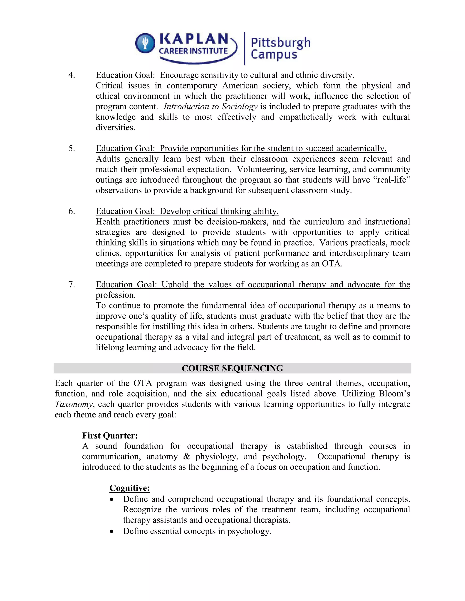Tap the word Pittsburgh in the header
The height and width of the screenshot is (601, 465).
click(280, 43)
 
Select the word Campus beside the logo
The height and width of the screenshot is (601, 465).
click(274, 54)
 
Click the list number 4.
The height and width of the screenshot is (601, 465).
click(72, 75)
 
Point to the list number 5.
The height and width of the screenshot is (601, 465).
click(72, 149)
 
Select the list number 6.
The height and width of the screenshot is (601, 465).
click(72, 211)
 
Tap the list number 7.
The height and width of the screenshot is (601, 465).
click(72, 285)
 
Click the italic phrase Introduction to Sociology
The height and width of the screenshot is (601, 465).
click(210, 107)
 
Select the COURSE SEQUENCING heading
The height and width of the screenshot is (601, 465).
click(232, 368)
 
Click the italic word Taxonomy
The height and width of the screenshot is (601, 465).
click(74, 404)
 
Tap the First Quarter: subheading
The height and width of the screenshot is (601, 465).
click(110, 436)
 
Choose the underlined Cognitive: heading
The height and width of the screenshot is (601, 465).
click(129, 488)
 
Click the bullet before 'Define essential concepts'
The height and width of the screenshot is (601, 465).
click(111, 532)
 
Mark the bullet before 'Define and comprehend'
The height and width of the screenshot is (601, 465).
click(111, 500)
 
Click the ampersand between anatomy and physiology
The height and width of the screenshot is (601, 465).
click(186, 457)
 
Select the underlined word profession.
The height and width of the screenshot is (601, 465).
click(116, 295)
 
